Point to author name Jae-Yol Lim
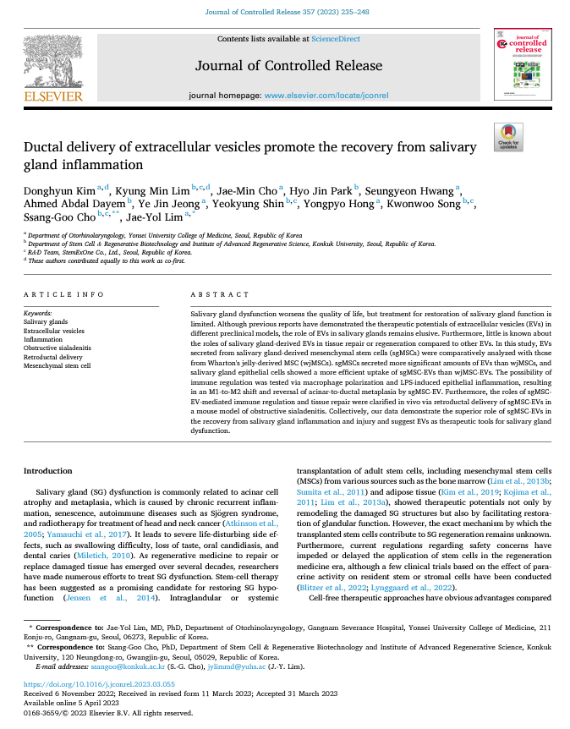(148, 217)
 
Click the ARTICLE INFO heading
(59, 294)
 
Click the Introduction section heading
(47, 470)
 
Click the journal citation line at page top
(284, 11)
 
